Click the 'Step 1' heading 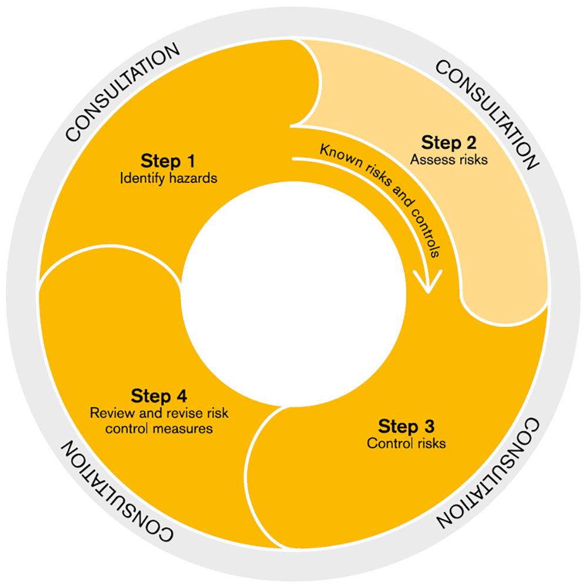coord(168,161)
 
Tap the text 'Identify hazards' coord(168,178)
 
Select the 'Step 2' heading coord(449,142)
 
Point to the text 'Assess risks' coord(449,159)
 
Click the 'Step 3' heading coord(406,426)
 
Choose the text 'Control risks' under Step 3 coord(406,443)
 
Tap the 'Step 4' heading coord(159,395)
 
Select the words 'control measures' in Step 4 coord(159,429)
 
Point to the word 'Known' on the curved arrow coord(335,151)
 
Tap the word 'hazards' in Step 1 coord(195,178)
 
